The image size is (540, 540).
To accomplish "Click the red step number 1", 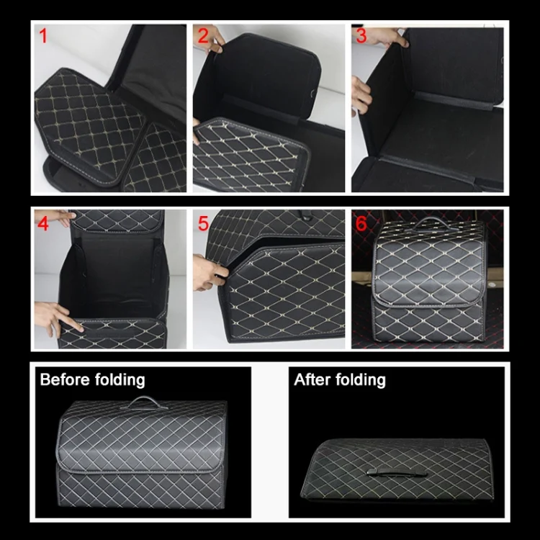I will tap(42, 37).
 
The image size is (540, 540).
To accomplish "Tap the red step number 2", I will tap(203, 36).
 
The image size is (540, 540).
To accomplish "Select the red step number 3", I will tap(361, 36).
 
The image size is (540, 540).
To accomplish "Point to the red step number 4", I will tap(43, 224).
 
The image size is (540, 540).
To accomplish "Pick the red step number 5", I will tap(203, 224).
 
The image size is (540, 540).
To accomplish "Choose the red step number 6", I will tap(361, 223).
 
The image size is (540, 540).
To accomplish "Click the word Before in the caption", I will tap(64, 379).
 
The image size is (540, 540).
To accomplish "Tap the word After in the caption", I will tap(312, 379).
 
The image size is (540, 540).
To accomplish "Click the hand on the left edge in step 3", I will tap(359, 93).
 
